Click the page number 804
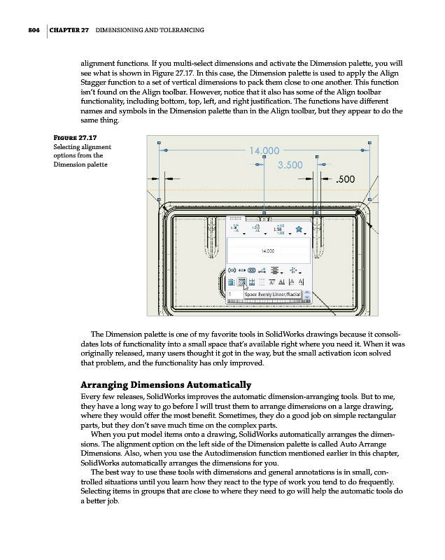click(x=28, y=30)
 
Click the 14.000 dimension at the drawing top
click(x=262, y=150)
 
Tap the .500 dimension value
click(x=348, y=179)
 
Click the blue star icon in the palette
click(x=299, y=228)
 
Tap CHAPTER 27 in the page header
click(x=69, y=30)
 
